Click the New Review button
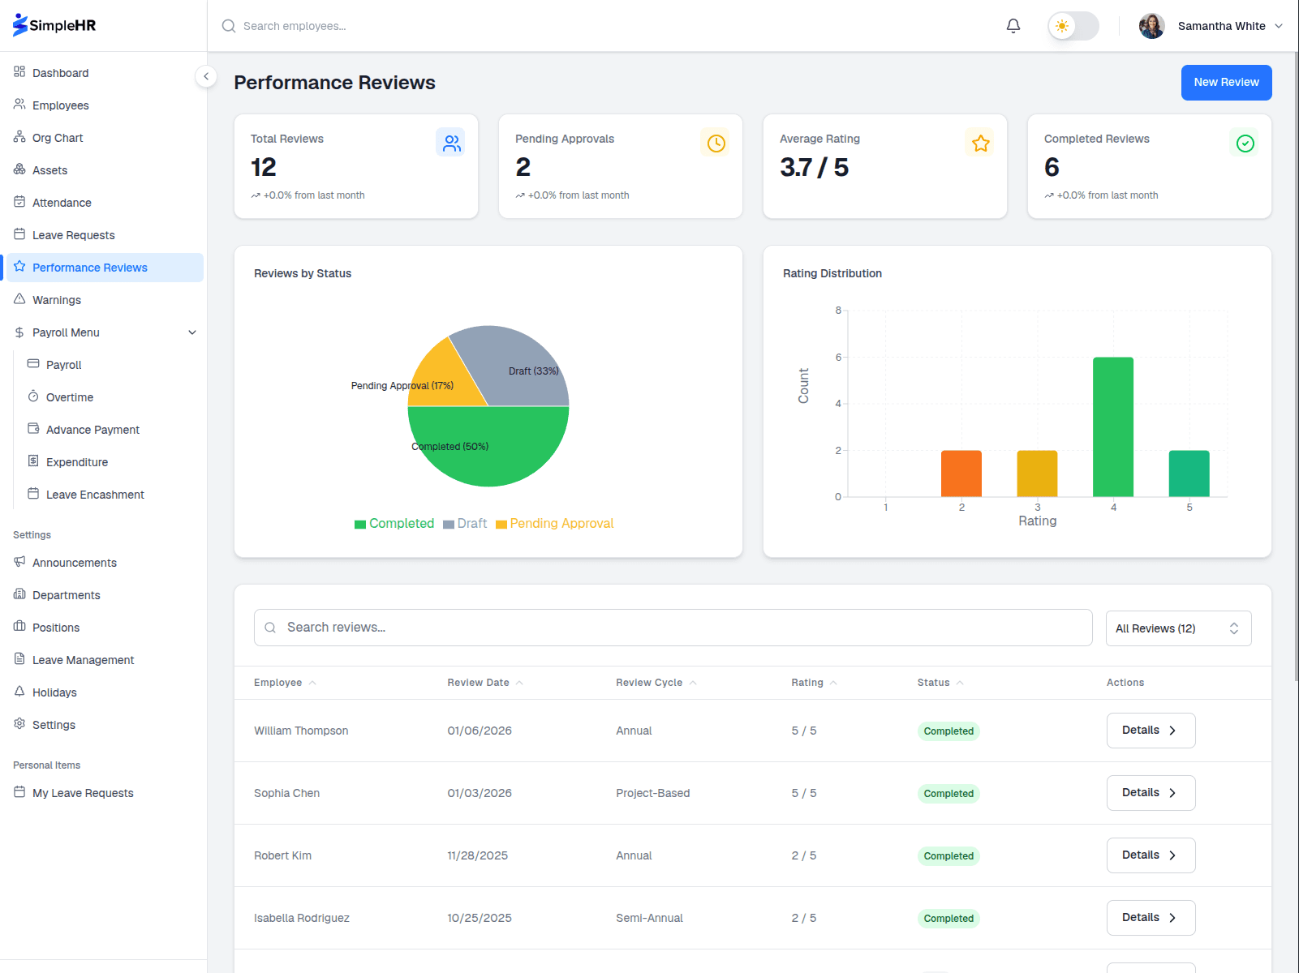pos(1225,83)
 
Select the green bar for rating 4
pos(1112,426)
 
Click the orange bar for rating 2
pos(961,474)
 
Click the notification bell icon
pos(1013,26)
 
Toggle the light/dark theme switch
pos(1073,26)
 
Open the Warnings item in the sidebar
pos(57,300)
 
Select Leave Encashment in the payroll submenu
pos(95,495)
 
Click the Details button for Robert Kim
pos(1150,855)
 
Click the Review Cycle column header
pos(649,683)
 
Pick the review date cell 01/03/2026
pos(480,793)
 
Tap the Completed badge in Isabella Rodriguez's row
pos(948,919)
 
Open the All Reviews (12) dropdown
pos(1177,628)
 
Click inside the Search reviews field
pos(673,628)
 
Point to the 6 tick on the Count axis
pos(838,358)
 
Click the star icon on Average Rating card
pos(980,144)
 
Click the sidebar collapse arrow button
pos(206,76)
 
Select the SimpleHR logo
pos(54,25)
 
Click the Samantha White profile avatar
pos(1151,26)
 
